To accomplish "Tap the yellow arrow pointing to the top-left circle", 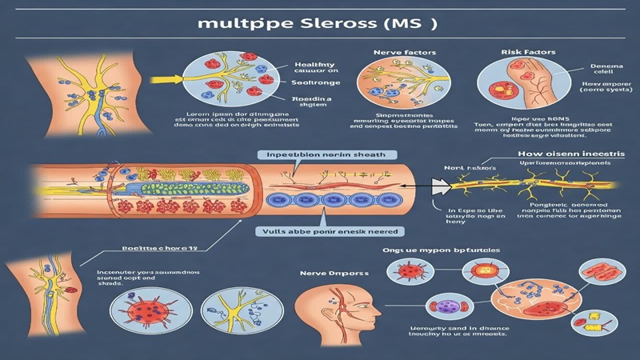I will click(166, 80).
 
